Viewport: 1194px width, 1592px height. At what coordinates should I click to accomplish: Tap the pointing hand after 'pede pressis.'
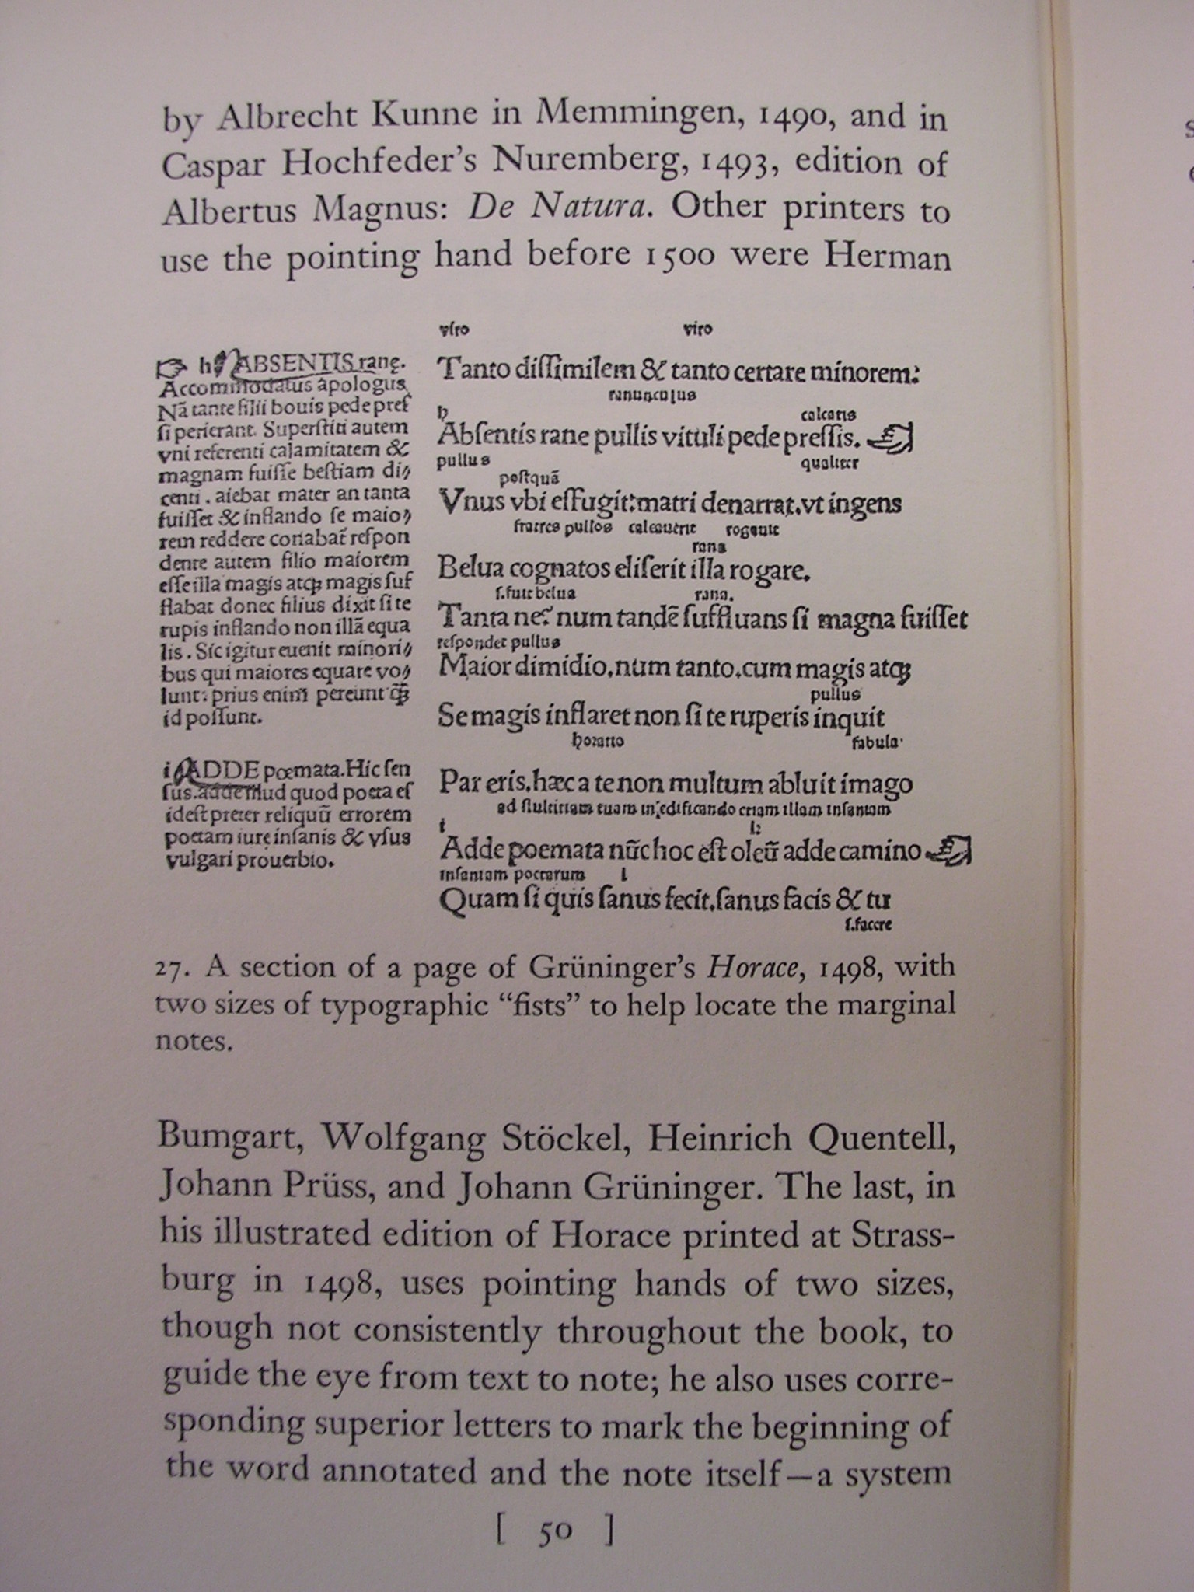[892, 439]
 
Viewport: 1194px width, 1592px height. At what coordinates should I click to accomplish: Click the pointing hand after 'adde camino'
[951, 850]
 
